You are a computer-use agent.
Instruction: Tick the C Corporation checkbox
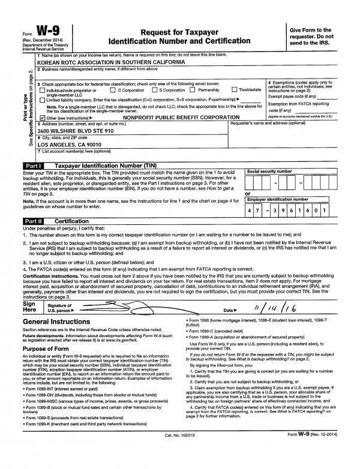(114, 90)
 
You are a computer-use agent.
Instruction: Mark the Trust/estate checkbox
(234, 90)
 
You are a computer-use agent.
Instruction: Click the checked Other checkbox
(41, 117)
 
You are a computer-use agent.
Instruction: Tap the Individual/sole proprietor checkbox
(41, 90)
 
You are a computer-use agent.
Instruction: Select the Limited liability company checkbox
(41, 99)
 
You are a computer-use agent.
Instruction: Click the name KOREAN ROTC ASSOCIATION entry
(110, 62)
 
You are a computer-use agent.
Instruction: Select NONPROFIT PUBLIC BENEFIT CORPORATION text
(175, 117)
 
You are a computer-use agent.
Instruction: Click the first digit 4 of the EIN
(252, 211)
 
